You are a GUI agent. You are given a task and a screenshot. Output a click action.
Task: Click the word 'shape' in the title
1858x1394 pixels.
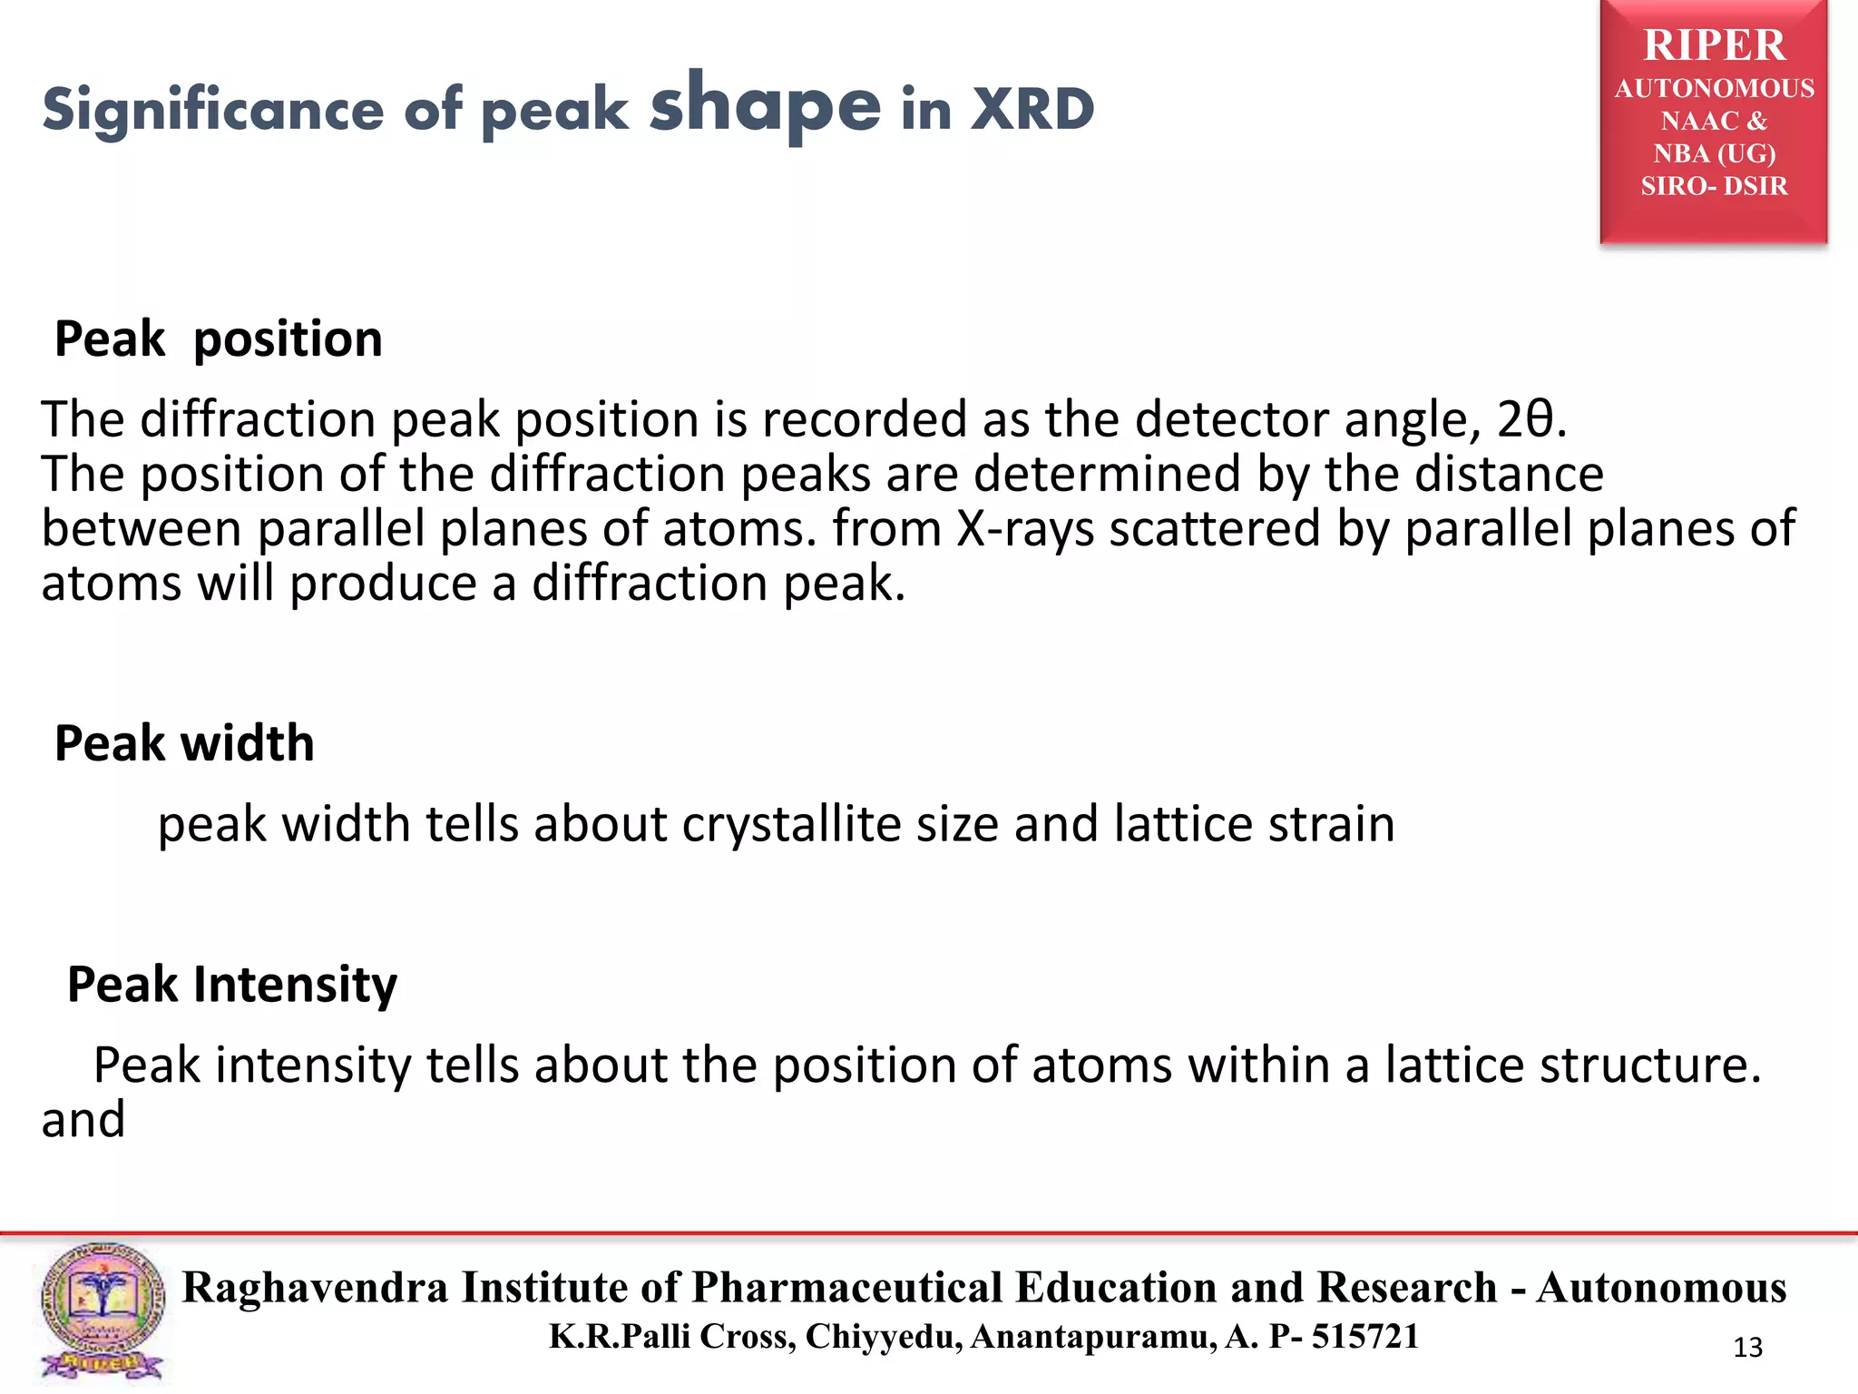(x=765, y=107)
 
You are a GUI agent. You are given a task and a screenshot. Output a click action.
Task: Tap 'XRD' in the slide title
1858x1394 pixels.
(x=1032, y=111)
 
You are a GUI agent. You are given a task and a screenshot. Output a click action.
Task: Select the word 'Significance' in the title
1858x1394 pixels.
(x=213, y=111)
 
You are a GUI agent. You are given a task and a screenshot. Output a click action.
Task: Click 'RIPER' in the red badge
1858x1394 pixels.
(x=1714, y=45)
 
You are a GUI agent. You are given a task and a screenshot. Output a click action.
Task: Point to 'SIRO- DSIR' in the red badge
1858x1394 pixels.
(x=1714, y=186)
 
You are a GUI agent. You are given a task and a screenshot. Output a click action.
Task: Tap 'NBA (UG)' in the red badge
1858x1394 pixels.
(x=1714, y=153)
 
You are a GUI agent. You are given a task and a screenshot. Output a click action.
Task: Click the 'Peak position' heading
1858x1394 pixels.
(x=219, y=339)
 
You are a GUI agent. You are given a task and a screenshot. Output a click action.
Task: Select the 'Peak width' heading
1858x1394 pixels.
(x=184, y=743)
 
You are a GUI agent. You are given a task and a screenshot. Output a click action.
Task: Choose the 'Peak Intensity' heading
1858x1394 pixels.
(x=232, y=985)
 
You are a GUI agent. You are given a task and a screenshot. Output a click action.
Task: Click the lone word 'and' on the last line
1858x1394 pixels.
(x=83, y=1120)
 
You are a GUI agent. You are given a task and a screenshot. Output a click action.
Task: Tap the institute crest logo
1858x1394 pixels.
(x=102, y=1311)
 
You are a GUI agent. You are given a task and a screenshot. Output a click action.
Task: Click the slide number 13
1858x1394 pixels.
(x=1747, y=1348)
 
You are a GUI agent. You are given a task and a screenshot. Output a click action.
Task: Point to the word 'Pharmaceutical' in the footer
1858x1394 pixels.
(x=847, y=1288)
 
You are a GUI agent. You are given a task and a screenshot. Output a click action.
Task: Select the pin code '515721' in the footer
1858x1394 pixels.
(x=1364, y=1337)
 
